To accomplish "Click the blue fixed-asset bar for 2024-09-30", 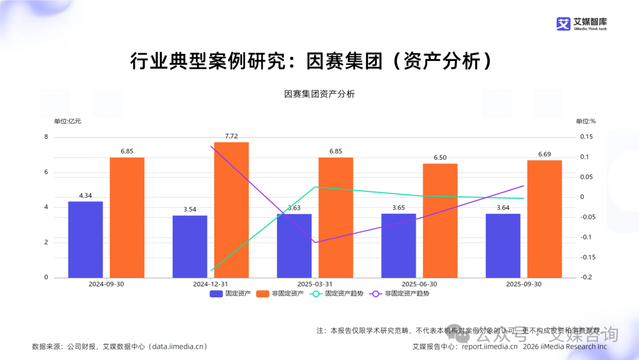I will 85,239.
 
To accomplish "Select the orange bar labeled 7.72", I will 231,210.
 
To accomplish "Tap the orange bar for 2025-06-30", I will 440,220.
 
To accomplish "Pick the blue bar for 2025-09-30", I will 503,245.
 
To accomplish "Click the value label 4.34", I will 86,195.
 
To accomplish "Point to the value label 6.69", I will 544,154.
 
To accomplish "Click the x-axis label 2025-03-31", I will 315,284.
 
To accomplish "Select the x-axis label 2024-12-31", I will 211,284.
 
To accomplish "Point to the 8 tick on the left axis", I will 46,137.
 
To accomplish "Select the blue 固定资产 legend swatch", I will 216,293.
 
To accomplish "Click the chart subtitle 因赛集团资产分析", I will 319,94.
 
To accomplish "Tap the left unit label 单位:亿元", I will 67,121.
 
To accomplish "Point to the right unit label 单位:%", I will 586,121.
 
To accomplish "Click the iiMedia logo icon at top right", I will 563,24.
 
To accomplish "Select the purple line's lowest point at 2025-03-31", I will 315,242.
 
